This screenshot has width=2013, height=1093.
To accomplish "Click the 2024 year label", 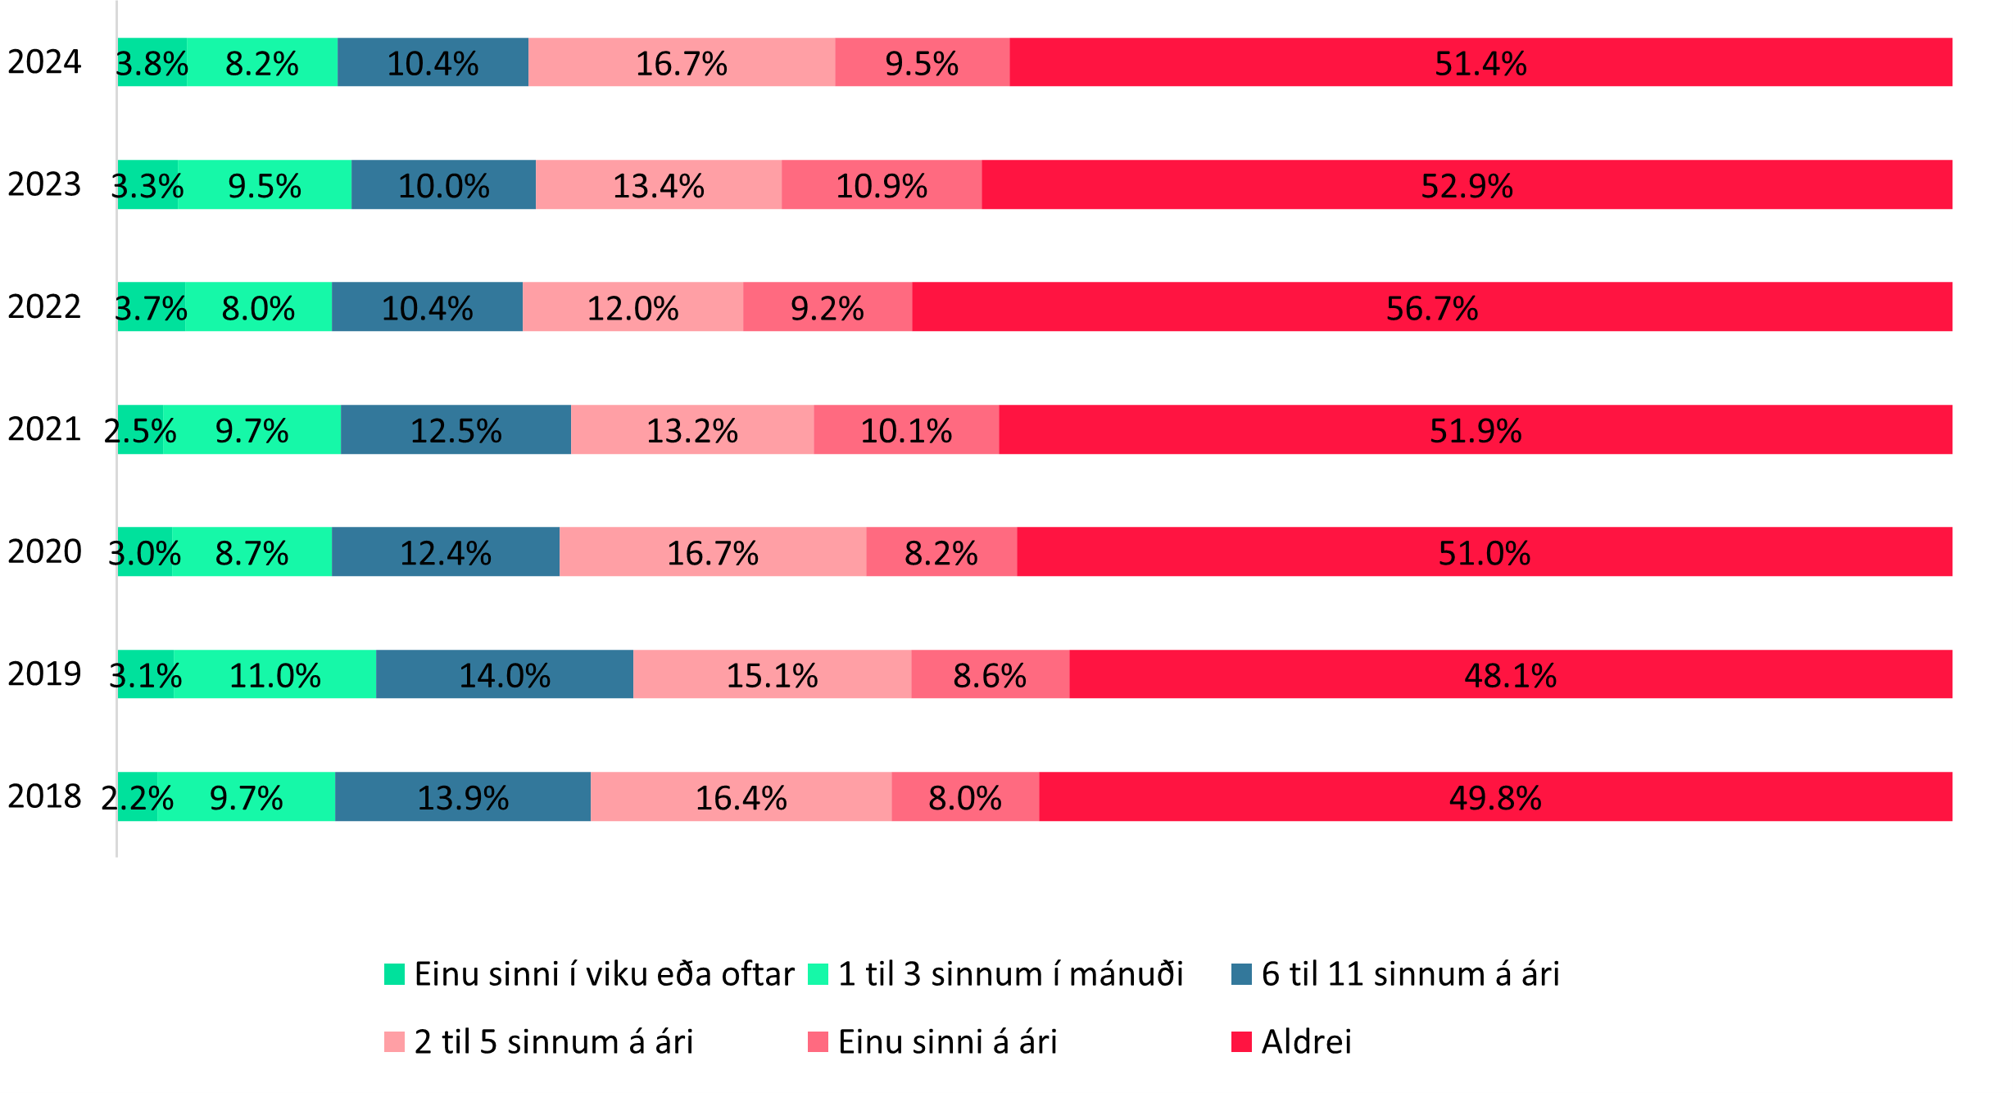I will tap(44, 62).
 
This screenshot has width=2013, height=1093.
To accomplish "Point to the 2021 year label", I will tap(44, 429).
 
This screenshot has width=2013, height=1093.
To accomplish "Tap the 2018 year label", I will tap(44, 796).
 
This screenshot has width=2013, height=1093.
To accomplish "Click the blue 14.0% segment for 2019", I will tap(505, 674).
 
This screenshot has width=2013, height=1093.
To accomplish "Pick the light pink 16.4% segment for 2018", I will tap(741, 796).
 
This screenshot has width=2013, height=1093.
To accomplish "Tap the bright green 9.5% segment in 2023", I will tap(265, 185).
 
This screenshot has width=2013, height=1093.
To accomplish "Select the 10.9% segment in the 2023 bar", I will tap(882, 185).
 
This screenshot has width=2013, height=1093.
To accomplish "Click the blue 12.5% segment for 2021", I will tap(456, 429).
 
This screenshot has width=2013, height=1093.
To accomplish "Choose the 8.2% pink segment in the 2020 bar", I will tap(941, 552).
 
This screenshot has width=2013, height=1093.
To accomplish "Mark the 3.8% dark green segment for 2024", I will tap(152, 62).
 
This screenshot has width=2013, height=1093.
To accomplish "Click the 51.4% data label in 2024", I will tap(1480, 64).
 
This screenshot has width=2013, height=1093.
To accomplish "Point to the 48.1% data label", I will tap(1510, 676).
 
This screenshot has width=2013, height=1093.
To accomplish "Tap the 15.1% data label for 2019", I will tap(772, 676).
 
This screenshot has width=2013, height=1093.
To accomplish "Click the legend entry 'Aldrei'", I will tap(1306, 1042).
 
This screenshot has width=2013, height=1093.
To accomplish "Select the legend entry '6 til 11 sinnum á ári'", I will tap(1410, 974).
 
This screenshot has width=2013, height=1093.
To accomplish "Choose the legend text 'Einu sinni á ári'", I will tap(947, 1042).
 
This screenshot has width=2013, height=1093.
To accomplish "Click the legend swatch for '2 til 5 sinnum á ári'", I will tap(394, 1042).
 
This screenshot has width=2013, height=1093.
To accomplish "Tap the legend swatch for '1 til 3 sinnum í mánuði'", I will tap(818, 974).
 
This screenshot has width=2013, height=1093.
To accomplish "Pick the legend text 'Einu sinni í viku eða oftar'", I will tap(604, 974).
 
